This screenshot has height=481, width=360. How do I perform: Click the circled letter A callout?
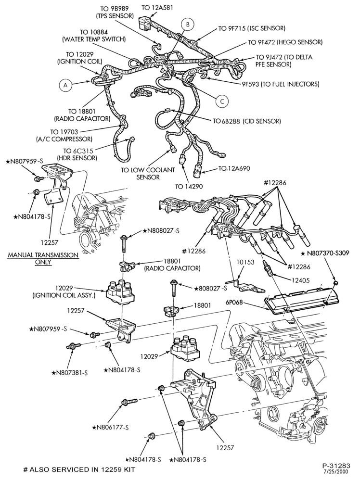(65, 85)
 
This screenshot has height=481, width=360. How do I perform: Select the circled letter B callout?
(188, 24)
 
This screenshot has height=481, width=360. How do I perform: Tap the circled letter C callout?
(222, 101)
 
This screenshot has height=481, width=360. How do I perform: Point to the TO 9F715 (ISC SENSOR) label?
(252, 28)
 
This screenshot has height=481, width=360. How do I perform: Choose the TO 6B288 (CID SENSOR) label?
(247, 121)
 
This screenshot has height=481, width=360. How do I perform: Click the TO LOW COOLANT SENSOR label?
(148, 173)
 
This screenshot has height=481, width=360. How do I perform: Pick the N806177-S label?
(110, 427)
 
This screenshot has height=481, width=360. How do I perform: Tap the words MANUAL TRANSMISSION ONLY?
(43, 258)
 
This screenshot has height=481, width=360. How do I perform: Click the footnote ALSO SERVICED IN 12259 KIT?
(79, 469)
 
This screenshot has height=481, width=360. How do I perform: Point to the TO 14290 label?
(189, 186)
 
